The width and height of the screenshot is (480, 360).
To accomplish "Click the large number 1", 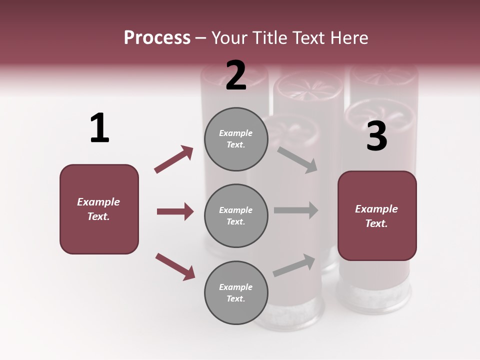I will [99, 128].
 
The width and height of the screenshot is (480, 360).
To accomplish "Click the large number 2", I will [236, 75].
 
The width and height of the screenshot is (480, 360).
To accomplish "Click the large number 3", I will [377, 136].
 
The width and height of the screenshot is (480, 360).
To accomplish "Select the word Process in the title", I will [157, 37].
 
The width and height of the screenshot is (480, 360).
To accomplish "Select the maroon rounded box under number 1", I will [99, 209].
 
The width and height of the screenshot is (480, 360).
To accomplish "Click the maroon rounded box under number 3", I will [377, 216].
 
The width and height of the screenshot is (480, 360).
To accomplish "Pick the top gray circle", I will [236, 139].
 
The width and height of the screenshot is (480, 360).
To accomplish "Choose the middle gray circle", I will [236, 215].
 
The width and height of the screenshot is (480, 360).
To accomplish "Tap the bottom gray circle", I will [236, 292].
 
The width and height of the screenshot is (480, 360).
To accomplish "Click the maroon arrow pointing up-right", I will [174, 159].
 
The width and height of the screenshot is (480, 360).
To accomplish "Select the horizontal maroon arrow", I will [175, 211].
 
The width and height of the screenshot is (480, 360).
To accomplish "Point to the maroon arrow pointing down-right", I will [175, 266].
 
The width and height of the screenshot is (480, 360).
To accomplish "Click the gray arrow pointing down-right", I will [297, 160].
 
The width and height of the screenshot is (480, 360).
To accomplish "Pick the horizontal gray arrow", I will [296, 210].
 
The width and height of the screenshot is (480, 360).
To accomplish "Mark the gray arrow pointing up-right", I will [294, 265].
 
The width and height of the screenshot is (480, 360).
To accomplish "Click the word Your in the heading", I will [230, 37].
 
